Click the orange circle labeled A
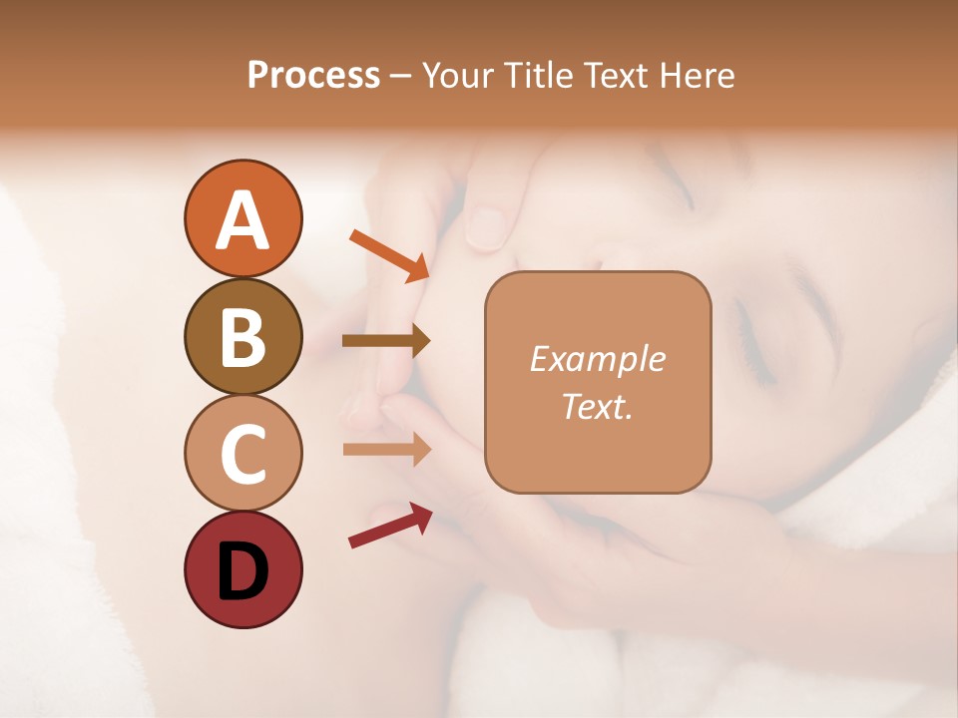(x=242, y=218)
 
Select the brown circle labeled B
(x=242, y=336)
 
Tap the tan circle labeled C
(x=242, y=453)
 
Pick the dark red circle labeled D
(x=242, y=569)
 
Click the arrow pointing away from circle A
(x=389, y=255)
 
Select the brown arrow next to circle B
(x=386, y=341)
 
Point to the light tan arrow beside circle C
(x=386, y=449)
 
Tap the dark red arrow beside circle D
(x=390, y=526)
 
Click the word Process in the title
(x=313, y=76)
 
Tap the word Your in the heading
(x=455, y=76)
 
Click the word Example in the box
(x=597, y=359)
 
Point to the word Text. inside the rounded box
(x=597, y=406)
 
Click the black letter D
(x=242, y=570)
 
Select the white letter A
(x=242, y=220)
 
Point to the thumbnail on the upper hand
(x=487, y=227)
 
